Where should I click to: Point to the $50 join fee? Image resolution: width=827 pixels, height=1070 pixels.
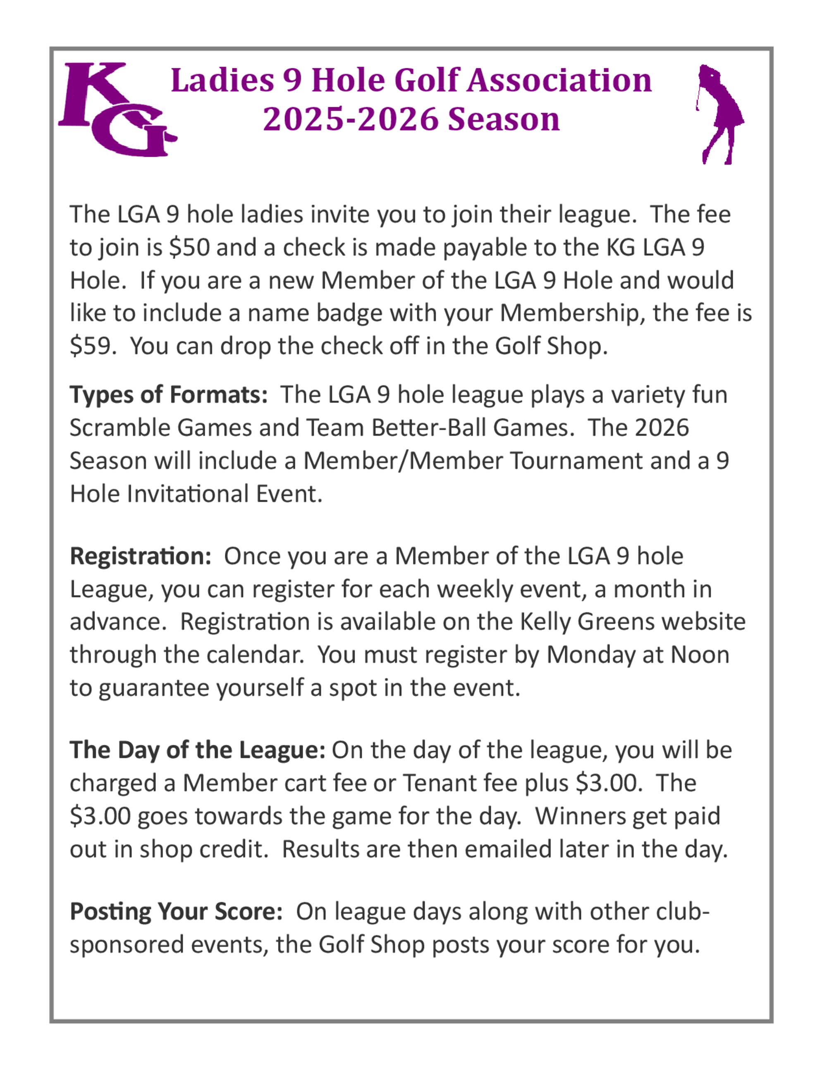[189, 247]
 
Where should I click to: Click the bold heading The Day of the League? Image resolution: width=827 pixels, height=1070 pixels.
[197, 750]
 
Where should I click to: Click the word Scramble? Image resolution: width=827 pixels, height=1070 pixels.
[120, 428]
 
